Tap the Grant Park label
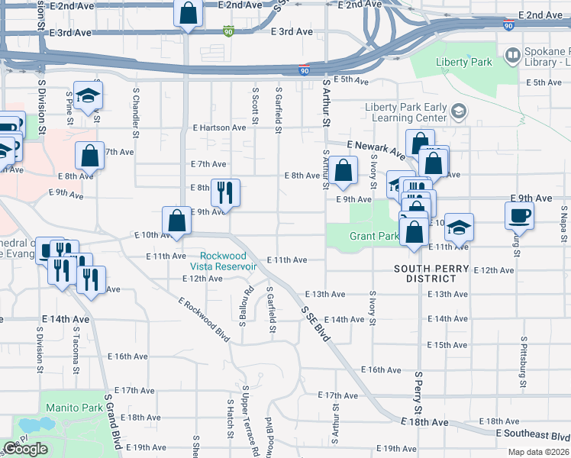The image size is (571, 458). point(374,236)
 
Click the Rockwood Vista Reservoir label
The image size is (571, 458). point(228,261)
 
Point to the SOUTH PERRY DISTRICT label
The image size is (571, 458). point(431,269)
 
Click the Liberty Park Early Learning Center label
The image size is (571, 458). point(405,112)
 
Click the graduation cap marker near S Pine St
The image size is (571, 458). point(89,95)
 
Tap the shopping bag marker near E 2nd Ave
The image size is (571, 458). point(188,13)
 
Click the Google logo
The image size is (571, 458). point(26,449)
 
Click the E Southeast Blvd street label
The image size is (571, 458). point(531,434)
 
